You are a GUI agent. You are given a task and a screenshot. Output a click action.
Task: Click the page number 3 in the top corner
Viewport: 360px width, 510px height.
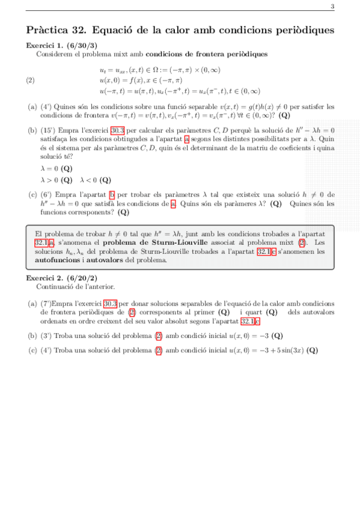[332, 7]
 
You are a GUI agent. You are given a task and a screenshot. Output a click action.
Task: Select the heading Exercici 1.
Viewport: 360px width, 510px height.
[44, 46]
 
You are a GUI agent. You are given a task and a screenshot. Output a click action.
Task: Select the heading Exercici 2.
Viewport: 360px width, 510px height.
[44, 278]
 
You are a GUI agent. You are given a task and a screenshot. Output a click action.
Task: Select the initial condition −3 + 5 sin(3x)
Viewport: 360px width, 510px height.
[275, 350]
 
